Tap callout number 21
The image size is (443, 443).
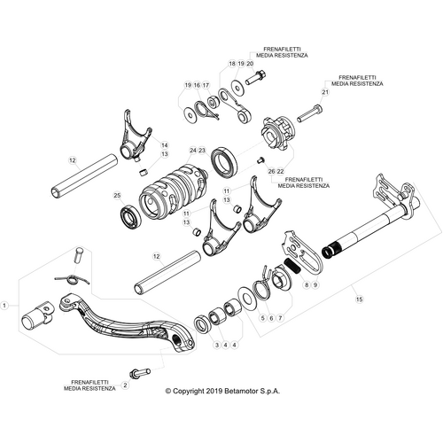[x=325, y=92]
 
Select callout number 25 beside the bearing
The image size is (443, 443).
[x=116, y=195]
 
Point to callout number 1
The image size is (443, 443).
[x=5, y=304]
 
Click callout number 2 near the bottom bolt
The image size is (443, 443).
[x=125, y=385]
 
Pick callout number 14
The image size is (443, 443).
[x=163, y=144]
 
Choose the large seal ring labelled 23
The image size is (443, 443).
[x=223, y=163]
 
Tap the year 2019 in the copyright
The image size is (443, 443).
[x=210, y=389]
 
